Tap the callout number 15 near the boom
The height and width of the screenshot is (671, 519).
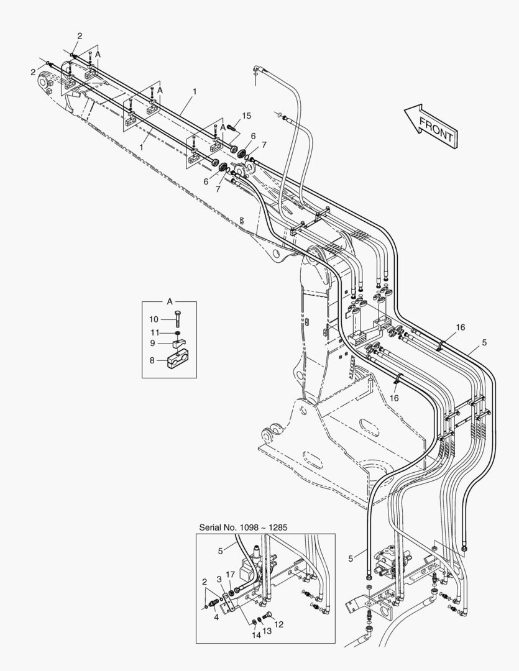[x=247, y=116]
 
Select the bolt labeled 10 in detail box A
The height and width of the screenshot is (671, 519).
[x=178, y=319]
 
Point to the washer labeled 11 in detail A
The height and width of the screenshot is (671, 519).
[x=178, y=333]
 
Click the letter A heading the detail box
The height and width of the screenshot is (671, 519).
[x=169, y=301]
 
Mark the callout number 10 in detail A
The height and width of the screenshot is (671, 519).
[x=153, y=319]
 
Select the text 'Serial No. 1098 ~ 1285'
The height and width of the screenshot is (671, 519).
[x=243, y=527]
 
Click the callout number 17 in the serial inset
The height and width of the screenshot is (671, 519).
[x=230, y=574]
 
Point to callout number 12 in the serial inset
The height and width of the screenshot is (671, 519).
[x=278, y=624]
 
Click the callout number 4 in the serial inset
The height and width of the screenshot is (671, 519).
[x=216, y=616]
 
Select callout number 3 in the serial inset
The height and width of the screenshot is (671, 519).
[x=219, y=579]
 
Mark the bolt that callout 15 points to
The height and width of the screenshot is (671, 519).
[x=233, y=127]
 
